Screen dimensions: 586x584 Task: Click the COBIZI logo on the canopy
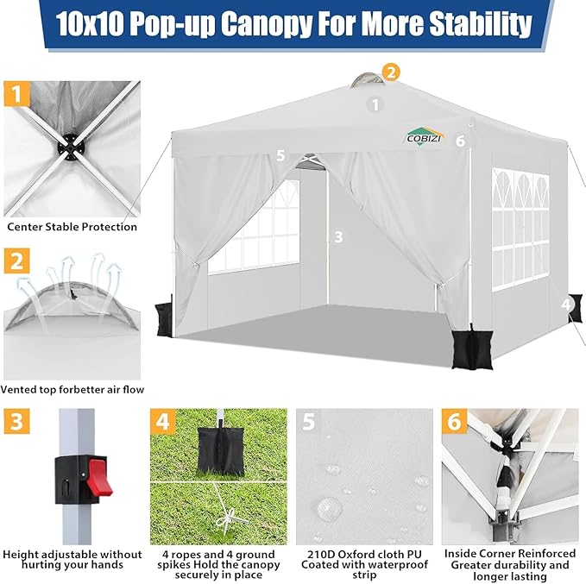click(x=425, y=136)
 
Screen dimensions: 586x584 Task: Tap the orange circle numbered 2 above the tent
click(x=391, y=72)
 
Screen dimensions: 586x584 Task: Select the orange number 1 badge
click(x=16, y=94)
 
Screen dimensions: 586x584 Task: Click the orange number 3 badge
click(x=16, y=421)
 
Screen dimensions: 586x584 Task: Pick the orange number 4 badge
click(x=163, y=421)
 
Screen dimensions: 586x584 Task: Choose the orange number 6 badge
click(x=455, y=421)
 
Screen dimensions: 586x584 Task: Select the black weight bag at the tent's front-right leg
click(x=472, y=349)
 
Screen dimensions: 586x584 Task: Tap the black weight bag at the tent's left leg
click(x=164, y=319)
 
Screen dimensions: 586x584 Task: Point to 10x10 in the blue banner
click(x=91, y=23)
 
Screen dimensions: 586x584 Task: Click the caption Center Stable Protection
click(x=72, y=227)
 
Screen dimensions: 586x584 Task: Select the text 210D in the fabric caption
click(x=322, y=554)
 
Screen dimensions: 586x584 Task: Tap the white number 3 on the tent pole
click(x=338, y=237)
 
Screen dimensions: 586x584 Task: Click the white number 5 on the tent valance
click(x=280, y=155)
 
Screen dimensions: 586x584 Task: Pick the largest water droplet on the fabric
click(x=330, y=508)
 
